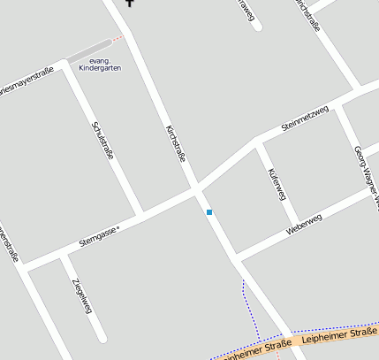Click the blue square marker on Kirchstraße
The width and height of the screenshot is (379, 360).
[x=209, y=212]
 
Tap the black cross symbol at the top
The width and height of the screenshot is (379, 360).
[x=131, y=3]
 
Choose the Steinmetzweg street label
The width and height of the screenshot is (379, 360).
[x=304, y=119]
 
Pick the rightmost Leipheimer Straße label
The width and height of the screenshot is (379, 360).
[x=338, y=334]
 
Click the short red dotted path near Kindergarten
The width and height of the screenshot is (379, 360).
[x=117, y=38]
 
